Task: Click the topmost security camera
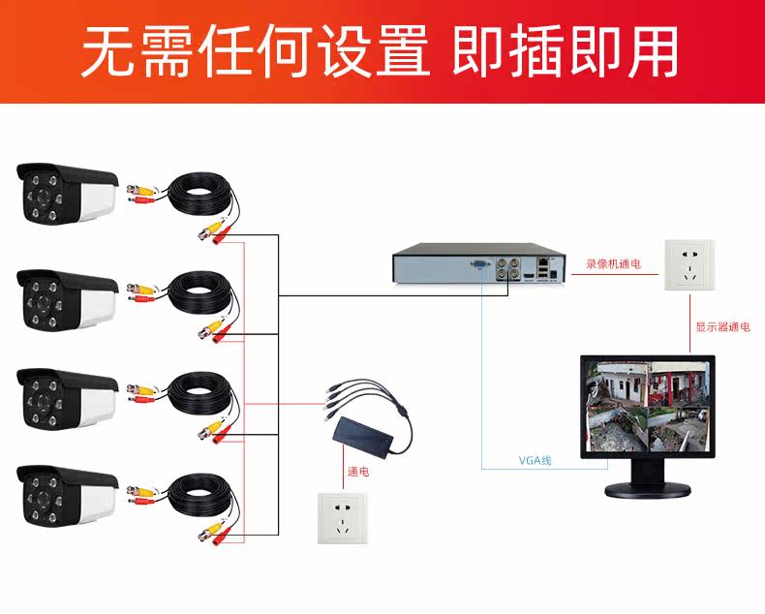66,193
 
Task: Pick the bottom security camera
66,495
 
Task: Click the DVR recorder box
475,264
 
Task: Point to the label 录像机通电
613,263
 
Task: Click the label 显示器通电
722,327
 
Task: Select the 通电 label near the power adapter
358,473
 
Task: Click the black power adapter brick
374,437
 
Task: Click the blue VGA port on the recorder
478,262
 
